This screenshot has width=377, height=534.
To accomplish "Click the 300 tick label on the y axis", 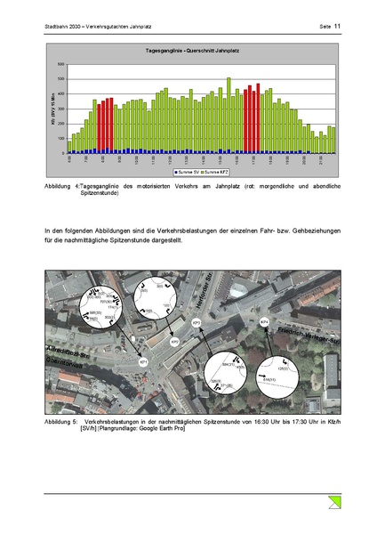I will coord(60,109).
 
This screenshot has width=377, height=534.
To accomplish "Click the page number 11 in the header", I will coord(338,27).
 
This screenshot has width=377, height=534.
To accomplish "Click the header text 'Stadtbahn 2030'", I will coord(62,27).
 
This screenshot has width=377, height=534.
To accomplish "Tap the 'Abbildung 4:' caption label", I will coord(60,187).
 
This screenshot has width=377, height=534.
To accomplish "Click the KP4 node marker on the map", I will coord(264,320).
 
